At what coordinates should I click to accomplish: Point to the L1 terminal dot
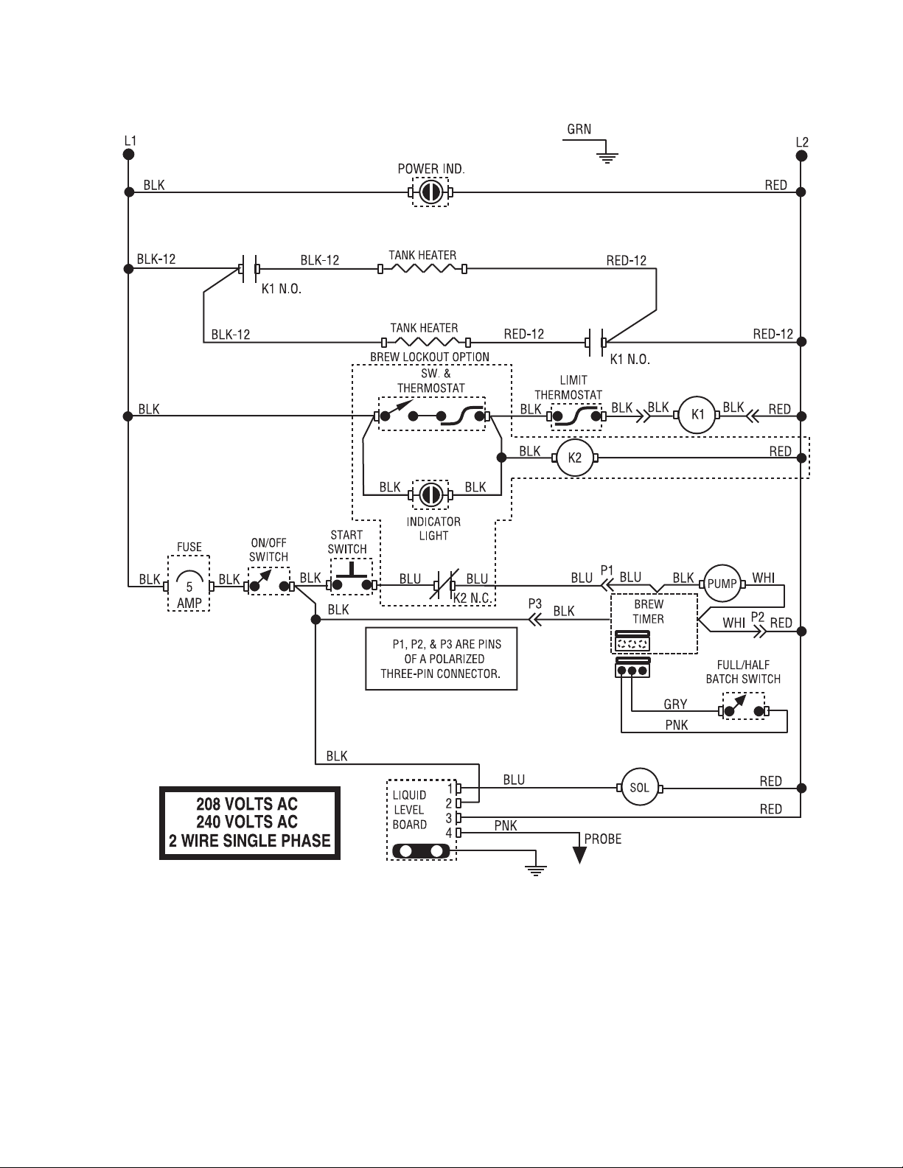point(128,154)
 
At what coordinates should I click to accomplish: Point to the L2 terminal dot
point(801,156)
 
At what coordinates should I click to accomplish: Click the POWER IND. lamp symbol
point(430,192)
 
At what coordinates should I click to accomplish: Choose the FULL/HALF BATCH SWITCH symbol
point(744,707)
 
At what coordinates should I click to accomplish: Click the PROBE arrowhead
point(579,855)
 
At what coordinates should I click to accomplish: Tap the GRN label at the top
point(579,130)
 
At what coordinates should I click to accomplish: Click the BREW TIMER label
point(648,612)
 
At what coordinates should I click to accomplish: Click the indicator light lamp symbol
point(430,494)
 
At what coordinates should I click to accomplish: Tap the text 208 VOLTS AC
point(247,804)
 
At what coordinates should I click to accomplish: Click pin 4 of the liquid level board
point(459,833)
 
